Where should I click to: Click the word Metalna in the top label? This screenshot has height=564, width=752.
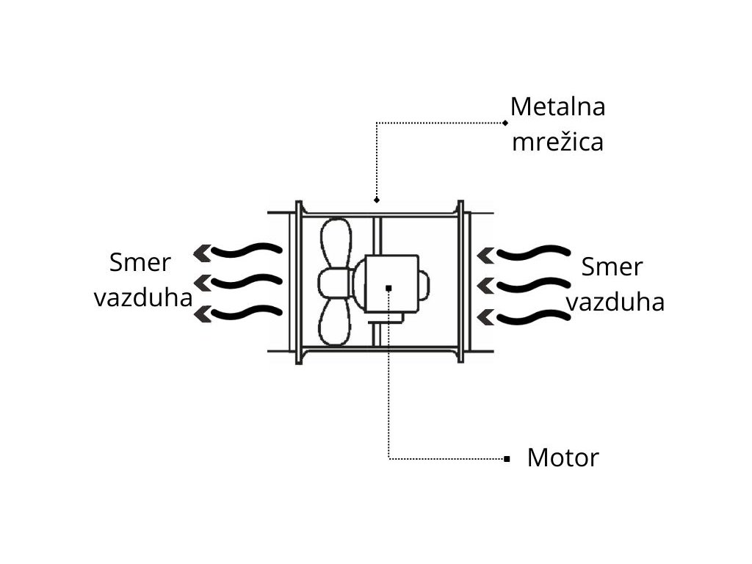(x=557, y=107)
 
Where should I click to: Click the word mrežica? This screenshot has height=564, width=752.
(x=557, y=141)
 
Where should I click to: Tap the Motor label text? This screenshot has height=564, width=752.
(x=563, y=458)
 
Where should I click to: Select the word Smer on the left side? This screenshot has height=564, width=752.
(x=140, y=262)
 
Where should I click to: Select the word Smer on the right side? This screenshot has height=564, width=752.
(x=611, y=267)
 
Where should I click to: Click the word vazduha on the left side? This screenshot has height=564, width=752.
(x=142, y=298)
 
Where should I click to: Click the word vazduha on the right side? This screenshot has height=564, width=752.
(x=615, y=302)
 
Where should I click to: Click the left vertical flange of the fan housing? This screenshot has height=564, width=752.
(x=299, y=282)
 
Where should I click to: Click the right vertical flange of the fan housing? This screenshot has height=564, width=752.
(x=460, y=282)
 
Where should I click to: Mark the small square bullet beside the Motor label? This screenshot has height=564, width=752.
(x=507, y=459)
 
